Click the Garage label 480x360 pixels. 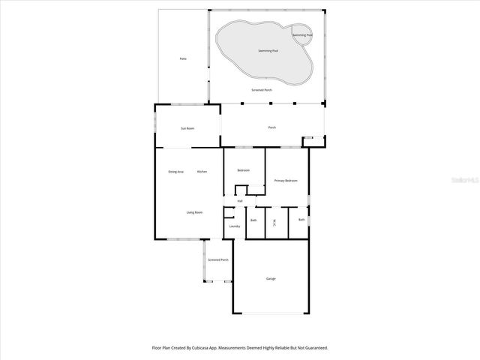271,279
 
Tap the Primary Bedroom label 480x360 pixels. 286,181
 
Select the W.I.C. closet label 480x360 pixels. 275,222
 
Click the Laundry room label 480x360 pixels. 234,226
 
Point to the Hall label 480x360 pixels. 240,201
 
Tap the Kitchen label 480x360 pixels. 202,172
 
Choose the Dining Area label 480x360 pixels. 175,172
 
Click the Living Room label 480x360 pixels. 194,212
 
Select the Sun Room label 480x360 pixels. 187,128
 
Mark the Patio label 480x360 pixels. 182,58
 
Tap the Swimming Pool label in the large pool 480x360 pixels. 269,51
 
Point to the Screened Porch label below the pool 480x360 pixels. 262,90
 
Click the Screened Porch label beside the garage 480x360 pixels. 218,259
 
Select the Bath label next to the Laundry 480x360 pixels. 253,220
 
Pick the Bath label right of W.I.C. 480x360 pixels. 301,220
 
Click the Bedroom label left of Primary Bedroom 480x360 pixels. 243,170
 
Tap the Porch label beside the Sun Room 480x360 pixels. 272,127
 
